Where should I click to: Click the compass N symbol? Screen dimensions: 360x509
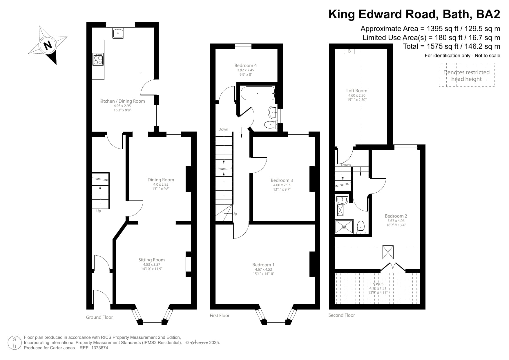pos(47,45)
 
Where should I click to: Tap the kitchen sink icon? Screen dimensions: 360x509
pos(118,33)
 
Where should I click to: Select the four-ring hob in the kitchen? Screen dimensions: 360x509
pos(98,59)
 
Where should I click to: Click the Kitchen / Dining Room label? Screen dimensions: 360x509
pos(122,101)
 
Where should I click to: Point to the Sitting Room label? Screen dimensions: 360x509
pos(151,260)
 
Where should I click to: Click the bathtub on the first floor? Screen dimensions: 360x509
pos(257,93)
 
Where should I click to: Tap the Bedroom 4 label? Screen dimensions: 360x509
pos(245,66)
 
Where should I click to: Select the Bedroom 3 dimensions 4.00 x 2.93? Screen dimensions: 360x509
pos(281,185)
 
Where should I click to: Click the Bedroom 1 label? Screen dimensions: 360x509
pos(263,265)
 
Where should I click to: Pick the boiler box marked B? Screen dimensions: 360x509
pos(349,51)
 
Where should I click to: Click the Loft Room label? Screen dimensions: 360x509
pos(357,91)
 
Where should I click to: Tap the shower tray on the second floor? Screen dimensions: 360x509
pos(344,227)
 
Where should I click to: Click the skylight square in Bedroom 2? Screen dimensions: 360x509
pos(388,252)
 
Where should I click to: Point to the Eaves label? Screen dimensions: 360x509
pos(378,284)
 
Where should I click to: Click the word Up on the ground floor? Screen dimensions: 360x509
pos(99,211)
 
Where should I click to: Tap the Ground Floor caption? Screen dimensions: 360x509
pos(99,317)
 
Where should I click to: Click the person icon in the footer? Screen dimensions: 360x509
pos(15,343)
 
